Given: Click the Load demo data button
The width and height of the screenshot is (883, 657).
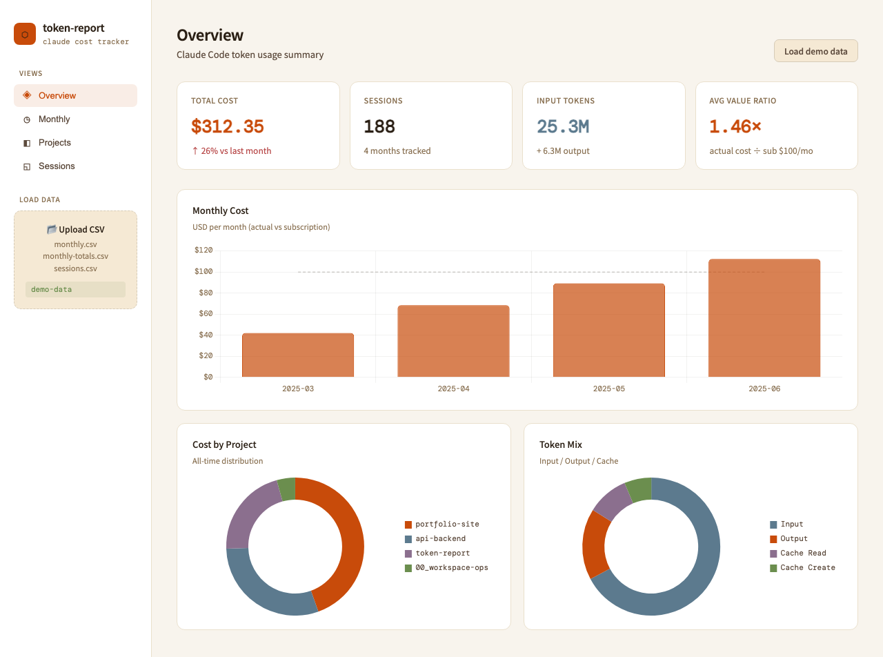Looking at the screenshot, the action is pos(815,51).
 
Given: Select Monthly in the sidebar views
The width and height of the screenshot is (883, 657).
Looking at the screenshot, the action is pos(54,119).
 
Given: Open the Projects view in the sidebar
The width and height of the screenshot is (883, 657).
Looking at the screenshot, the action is pos(54,143).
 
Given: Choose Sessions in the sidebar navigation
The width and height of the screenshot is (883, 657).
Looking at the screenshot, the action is pos(56,166).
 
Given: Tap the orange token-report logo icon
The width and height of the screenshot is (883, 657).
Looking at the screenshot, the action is pos(25,34).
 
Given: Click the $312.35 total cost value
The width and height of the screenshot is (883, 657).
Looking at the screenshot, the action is pos(228,126).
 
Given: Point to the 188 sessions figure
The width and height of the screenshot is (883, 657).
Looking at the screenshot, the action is pos(379,126).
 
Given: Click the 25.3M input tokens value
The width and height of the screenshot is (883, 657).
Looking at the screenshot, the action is pos(563,126).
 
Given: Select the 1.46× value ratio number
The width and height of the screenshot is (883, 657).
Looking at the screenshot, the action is pos(735,126).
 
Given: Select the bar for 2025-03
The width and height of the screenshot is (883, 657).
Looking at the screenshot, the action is pos(298,355).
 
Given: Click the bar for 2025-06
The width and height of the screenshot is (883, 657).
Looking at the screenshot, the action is pos(764,318).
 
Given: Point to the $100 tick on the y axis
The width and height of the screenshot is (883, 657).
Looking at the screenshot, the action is pos(204,271).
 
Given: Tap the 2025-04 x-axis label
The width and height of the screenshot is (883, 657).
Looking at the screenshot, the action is pos(453,389).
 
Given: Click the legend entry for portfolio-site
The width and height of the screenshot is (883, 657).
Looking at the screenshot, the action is pos(442,524).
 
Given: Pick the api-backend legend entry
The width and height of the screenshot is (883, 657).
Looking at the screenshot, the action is pos(435,539).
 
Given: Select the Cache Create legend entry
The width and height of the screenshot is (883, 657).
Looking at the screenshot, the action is pos(802,567).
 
